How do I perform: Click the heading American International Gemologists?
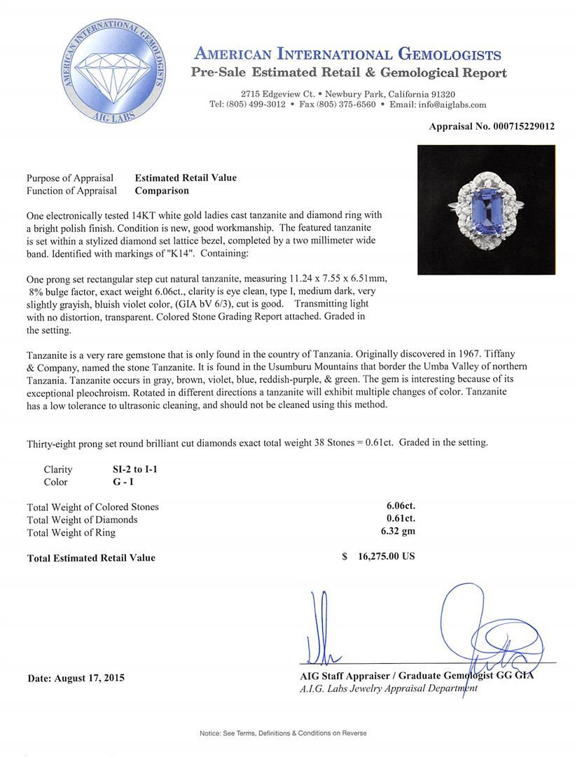pos(347,55)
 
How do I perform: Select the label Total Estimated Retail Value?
pos(91,558)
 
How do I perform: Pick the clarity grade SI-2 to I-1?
pos(130,470)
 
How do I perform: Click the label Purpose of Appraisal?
pos(70,178)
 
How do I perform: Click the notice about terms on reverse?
pos(283,733)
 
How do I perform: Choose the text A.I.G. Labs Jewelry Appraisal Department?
pos(388,689)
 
